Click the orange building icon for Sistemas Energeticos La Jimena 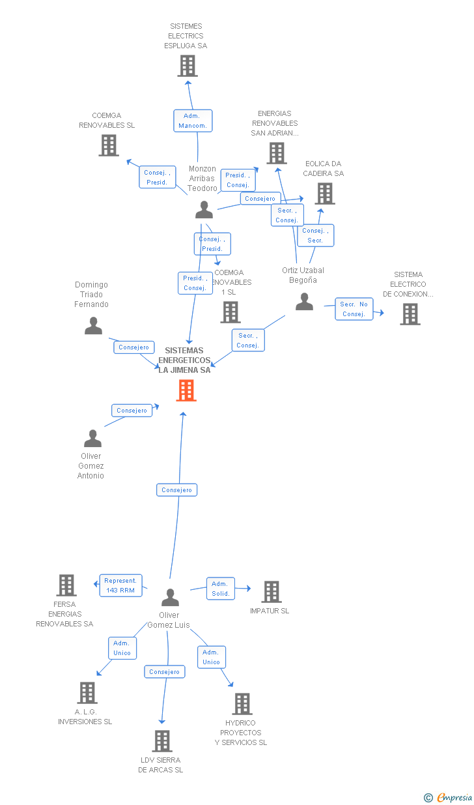click(186, 390)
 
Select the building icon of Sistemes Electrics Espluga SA click(188, 66)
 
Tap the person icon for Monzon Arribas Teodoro click(204, 210)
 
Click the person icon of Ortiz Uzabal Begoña click(304, 302)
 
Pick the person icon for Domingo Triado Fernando click(94, 325)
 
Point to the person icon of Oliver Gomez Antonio click(92, 439)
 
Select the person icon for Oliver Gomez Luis click(170, 597)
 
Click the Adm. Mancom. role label click(193, 121)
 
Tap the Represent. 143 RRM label click(120, 585)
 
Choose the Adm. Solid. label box click(221, 589)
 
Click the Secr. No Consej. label click(354, 309)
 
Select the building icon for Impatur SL click(271, 592)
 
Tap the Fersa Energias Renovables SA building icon click(66, 585)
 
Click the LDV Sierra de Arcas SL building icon click(162, 741)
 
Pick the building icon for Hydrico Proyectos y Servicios click(242, 704)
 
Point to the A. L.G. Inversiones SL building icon click(87, 693)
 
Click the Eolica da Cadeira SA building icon click(325, 194)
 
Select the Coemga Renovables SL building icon click(109, 145)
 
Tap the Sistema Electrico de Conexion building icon click(410, 314)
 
